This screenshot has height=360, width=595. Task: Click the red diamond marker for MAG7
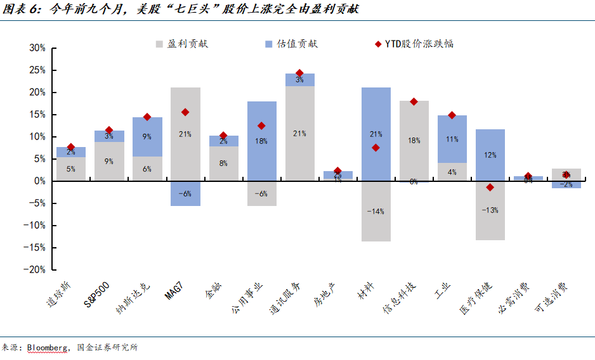[185, 112]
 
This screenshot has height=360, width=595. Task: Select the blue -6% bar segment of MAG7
[185, 193]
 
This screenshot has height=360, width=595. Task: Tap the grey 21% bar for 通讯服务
[300, 133]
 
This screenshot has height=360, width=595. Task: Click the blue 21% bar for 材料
[376, 134]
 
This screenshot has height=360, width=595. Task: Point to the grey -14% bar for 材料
[376, 211]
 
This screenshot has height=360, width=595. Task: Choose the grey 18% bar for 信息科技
[414, 141]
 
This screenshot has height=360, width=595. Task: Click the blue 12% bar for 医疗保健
[490, 155]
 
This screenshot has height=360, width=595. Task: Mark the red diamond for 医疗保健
[490, 187]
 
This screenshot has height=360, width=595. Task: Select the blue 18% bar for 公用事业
[261, 141]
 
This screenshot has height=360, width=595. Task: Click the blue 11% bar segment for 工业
[452, 139]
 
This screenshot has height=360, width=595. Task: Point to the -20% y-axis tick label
[35, 269]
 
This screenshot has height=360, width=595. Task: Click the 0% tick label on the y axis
[39, 181]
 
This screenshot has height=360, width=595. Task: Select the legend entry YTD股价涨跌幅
[419, 44]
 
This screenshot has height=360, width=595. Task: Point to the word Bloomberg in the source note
[48, 347]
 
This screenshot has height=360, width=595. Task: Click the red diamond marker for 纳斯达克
[147, 117]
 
